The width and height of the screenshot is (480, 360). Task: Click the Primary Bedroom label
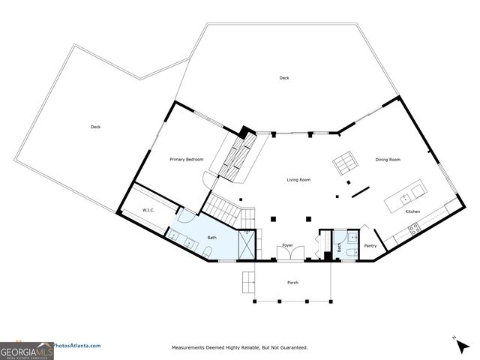[187, 159]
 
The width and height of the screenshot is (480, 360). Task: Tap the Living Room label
[298, 180]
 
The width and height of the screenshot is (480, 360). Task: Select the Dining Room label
[388, 160]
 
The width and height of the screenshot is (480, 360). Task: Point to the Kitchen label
[412, 212]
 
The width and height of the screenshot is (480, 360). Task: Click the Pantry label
[370, 245]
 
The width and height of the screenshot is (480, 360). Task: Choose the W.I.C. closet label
[148, 211]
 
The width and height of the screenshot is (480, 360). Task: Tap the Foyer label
[287, 245]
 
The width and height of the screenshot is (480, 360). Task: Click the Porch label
[292, 283]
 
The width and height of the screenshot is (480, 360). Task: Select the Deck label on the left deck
[95, 127]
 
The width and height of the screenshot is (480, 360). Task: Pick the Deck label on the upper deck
[284, 78]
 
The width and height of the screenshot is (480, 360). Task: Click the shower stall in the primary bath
[246, 244]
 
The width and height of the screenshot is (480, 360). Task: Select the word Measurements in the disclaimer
[190, 348]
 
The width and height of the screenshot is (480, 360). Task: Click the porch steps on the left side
[247, 282]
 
